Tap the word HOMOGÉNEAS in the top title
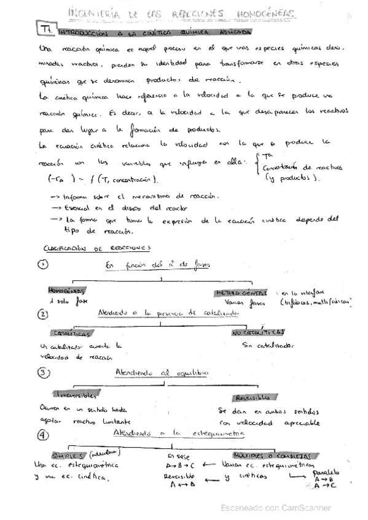point(265,13)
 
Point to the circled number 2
point(42,314)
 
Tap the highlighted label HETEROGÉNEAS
point(241,292)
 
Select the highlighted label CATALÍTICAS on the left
point(73,334)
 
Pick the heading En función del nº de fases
point(157,264)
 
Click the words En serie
point(178,456)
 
